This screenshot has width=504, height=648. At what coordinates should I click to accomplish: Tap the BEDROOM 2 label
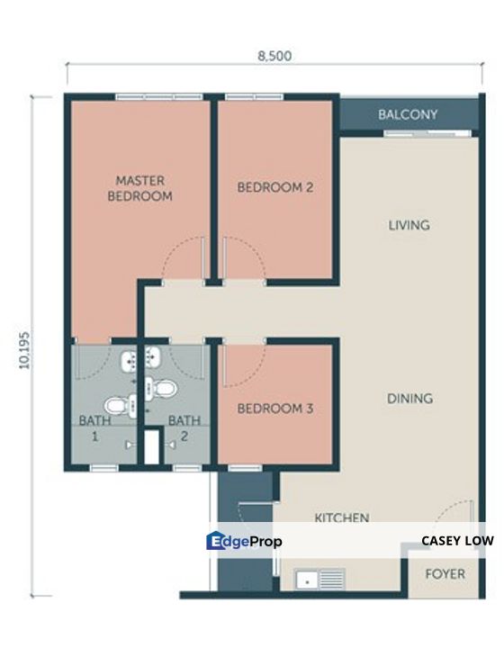click(x=274, y=187)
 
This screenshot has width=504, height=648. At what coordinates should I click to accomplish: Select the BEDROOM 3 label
click(x=274, y=409)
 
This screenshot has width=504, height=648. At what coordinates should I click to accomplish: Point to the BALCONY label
click(x=408, y=114)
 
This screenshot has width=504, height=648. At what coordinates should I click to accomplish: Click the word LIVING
click(x=408, y=225)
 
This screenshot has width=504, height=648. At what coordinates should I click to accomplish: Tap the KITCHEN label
click(x=341, y=517)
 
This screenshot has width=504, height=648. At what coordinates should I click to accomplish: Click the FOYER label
click(x=445, y=573)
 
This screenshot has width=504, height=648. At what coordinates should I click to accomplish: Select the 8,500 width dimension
click(x=274, y=55)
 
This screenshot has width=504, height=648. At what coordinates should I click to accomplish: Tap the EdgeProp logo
click(x=244, y=541)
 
